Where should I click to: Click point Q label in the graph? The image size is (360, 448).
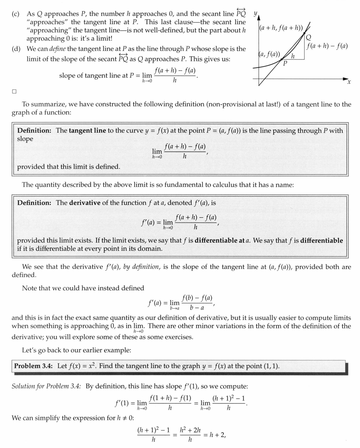pos(308,37)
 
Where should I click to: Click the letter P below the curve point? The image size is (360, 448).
pos(285,63)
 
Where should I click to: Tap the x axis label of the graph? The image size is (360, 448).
pos(349,82)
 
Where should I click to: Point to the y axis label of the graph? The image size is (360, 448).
pos(255,14)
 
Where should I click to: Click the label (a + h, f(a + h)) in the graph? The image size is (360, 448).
pos(281,28)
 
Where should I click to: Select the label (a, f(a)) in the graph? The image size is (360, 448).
pos(269,54)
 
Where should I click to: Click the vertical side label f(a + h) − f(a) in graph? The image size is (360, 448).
pos(327,46)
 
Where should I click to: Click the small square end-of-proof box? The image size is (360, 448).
pos(14,91)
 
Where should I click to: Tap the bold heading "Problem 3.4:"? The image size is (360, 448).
pos(34,366)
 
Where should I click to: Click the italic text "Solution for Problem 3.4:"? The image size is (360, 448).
pos(47,386)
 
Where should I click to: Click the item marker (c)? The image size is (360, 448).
pos(16,14)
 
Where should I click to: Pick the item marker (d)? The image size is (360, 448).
pos(16,49)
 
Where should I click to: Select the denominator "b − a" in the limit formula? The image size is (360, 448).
pos(197,308)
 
